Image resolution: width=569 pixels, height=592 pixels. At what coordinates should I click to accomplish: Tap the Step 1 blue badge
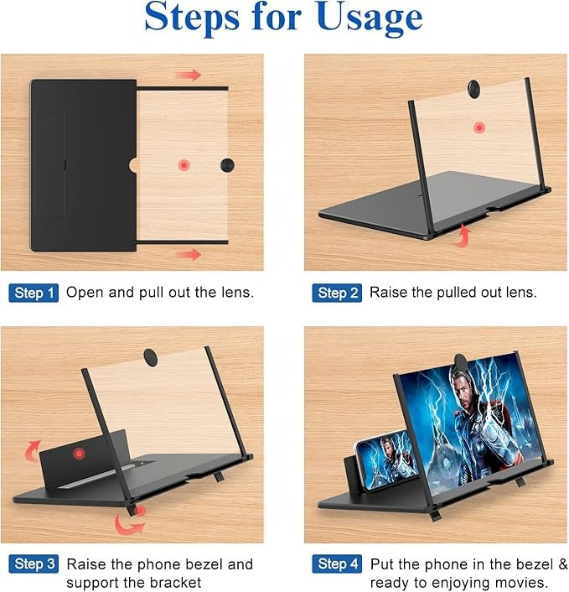(34, 293)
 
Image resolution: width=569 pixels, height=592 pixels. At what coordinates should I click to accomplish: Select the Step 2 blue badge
(337, 293)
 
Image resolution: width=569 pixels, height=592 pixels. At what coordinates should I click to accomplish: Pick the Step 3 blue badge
(34, 564)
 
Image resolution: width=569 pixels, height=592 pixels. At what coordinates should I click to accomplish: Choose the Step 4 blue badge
(337, 564)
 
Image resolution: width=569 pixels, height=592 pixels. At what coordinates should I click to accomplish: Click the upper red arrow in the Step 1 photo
(189, 75)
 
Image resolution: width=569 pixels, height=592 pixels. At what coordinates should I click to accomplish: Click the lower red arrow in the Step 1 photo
(189, 253)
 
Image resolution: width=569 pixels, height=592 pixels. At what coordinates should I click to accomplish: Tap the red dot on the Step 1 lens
(184, 164)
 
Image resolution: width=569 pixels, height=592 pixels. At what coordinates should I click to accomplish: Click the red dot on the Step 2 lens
(478, 127)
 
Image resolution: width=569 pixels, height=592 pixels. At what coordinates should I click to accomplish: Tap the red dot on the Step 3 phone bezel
(80, 454)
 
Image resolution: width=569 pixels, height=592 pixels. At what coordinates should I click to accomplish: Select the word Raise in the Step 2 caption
(389, 293)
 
